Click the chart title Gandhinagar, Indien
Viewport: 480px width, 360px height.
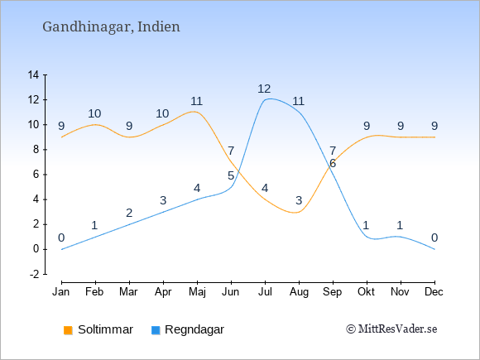pyautogui.click(x=111, y=27)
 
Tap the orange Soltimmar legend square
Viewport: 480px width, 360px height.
pyautogui.click(x=68, y=330)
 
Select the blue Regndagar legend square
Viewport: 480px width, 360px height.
pyautogui.click(x=156, y=330)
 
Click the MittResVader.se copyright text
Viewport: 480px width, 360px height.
pyautogui.click(x=391, y=329)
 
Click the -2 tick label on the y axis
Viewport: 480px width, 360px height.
pyautogui.click(x=34, y=274)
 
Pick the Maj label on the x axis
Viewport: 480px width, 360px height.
pyautogui.click(x=197, y=292)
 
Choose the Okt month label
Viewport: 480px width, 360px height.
pyautogui.click(x=366, y=292)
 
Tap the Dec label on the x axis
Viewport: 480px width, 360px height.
pyautogui.click(x=434, y=292)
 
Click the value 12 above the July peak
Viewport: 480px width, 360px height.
pyautogui.click(x=264, y=89)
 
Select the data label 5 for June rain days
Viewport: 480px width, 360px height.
pyautogui.click(x=231, y=176)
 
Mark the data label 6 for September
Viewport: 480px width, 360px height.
pyautogui.click(x=333, y=164)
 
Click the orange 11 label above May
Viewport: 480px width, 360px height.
pyautogui.click(x=196, y=101)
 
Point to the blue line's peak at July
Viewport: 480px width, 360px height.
pyautogui.click(x=270, y=98)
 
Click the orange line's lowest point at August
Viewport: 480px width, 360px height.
pyautogui.click(x=295, y=213)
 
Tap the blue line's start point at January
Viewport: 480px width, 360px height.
pyautogui.click(x=62, y=249)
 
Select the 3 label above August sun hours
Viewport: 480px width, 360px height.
pyautogui.click(x=299, y=201)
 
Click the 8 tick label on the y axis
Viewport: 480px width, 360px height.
pyautogui.click(x=36, y=150)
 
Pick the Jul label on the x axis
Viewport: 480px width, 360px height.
pyautogui.click(x=265, y=292)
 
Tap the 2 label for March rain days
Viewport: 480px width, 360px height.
pyautogui.click(x=129, y=213)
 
